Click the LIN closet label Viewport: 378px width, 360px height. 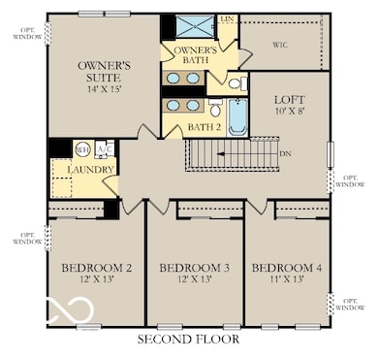(227, 19)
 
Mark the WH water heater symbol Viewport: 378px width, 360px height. (82, 149)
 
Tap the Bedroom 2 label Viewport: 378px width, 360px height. (96, 268)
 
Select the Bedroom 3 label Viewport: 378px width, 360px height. (194, 268)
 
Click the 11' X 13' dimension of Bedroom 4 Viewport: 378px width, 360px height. (285, 279)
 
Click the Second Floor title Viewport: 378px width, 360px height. (189, 340)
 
